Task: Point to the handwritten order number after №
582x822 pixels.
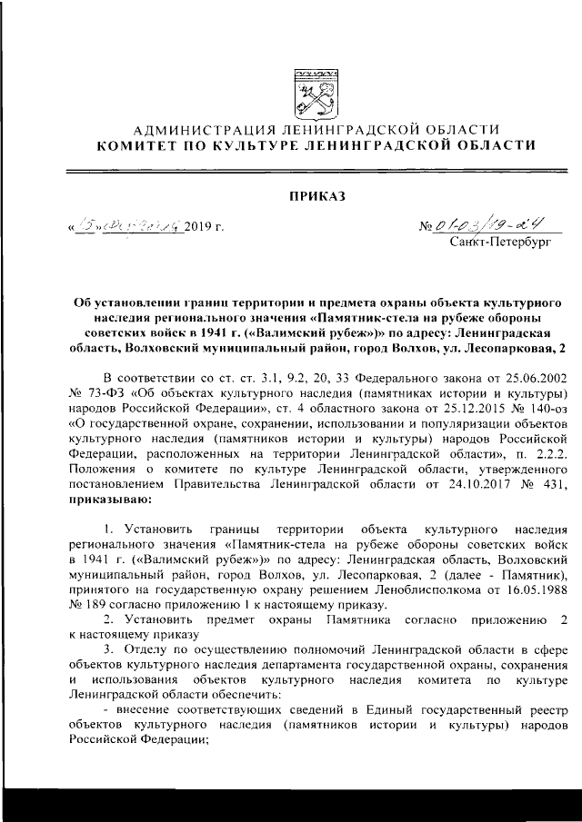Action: pos(487,224)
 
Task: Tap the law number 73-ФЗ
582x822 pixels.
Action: pos(101,393)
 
